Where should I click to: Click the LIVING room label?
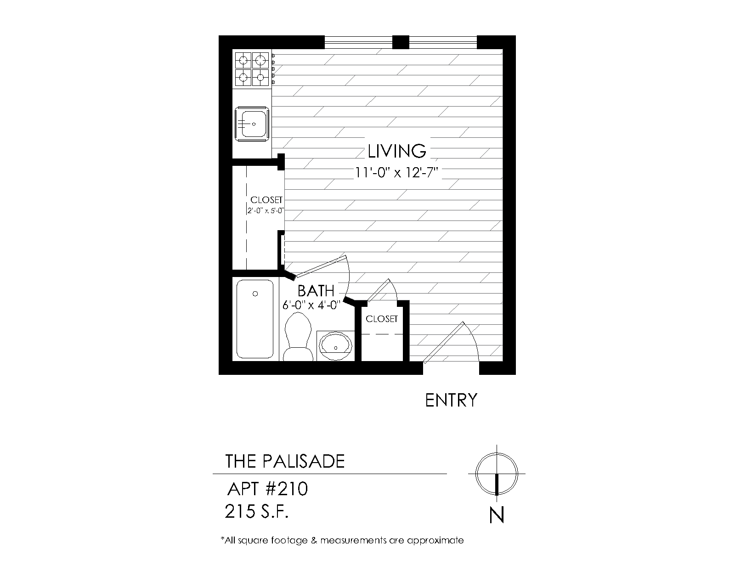click(x=397, y=151)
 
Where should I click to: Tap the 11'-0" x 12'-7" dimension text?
click(x=396, y=173)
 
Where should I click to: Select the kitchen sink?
click(x=252, y=124)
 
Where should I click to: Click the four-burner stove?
click(x=252, y=69)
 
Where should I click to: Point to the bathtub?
click(x=255, y=319)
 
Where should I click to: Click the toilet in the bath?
click(x=298, y=337)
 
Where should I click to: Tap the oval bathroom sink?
click(x=336, y=346)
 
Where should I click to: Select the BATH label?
click(x=316, y=291)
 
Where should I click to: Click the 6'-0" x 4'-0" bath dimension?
click(x=311, y=305)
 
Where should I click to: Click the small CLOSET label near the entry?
click(x=381, y=319)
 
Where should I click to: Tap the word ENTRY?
click(x=451, y=400)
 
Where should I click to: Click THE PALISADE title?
click(x=285, y=461)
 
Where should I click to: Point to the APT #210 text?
click(x=267, y=489)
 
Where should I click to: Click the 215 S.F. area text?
click(x=256, y=511)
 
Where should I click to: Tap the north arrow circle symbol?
click(x=497, y=474)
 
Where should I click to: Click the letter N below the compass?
click(x=497, y=515)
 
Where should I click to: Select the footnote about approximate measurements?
click(x=342, y=540)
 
